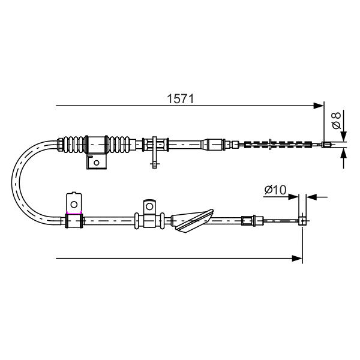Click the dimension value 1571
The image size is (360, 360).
180,99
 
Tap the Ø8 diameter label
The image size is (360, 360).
337,121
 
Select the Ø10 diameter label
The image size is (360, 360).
275,190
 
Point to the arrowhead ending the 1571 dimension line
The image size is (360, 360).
319,106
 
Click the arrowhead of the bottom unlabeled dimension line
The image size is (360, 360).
297,258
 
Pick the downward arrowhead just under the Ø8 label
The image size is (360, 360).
343,136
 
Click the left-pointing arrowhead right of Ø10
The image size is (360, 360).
311,197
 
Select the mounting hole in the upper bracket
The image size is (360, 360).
97,163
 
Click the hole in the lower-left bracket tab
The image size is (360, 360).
74,204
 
